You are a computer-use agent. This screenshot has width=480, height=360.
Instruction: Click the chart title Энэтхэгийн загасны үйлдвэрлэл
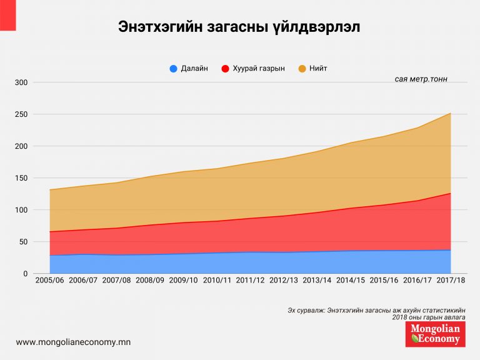point(239,27)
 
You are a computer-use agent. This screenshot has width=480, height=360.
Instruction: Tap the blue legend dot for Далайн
point(174,69)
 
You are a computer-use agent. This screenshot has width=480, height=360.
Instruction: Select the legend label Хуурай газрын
point(258,69)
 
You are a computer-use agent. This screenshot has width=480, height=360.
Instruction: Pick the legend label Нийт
point(318,69)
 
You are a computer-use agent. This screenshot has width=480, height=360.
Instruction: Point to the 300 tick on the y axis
point(21,82)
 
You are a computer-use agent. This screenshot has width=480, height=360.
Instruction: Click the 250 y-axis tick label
point(21,114)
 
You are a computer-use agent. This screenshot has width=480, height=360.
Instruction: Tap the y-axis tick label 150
point(21,178)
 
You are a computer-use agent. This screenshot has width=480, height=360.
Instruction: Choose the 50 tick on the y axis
point(23,242)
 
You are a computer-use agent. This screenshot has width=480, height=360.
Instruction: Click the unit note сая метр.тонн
point(421,79)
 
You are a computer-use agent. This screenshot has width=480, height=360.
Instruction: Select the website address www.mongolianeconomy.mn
point(73,342)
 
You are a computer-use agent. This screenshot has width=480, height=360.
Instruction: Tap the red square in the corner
point(7,14)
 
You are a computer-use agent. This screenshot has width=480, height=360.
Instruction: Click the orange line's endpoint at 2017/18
point(450,114)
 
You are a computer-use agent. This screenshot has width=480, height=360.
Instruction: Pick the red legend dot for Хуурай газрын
point(226,69)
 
